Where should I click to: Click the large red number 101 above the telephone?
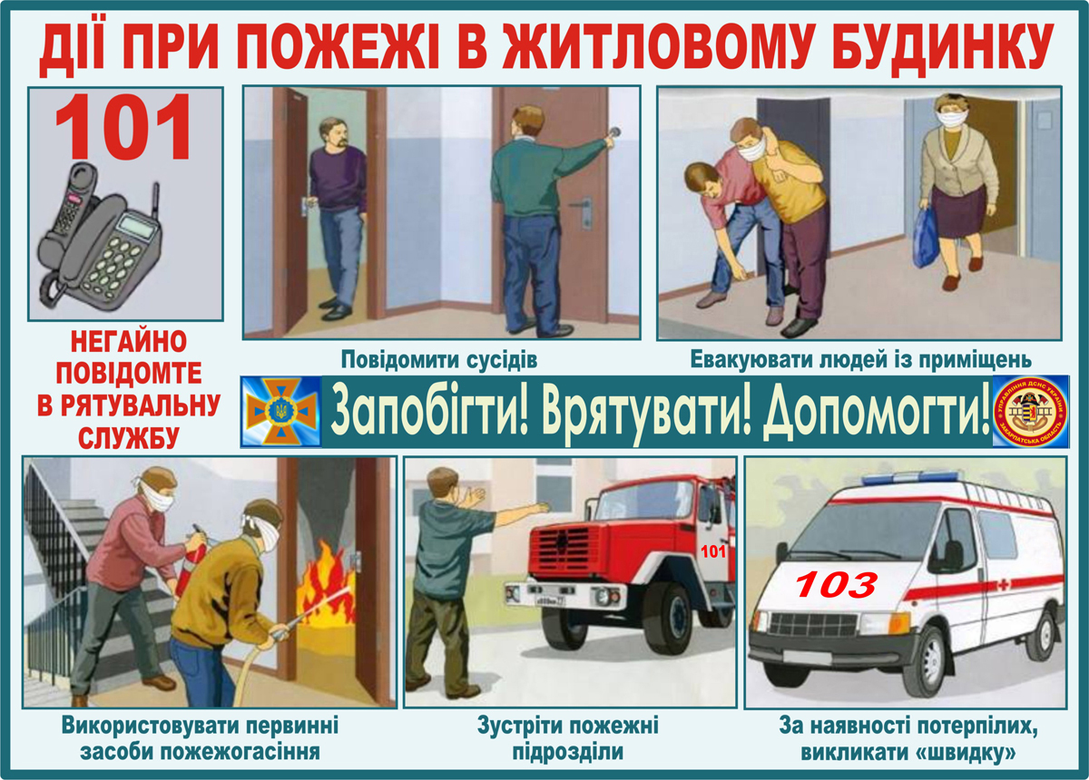[x=124, y=128]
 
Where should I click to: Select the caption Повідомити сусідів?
[x=440, y=359]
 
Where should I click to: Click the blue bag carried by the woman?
[x=926, y=238]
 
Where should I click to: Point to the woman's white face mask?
[x=947, y=120]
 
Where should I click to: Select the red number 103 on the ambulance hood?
[x=837, y=584]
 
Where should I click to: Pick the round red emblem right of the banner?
[x=1029, y=411]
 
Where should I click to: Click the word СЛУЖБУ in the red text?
[x=124, y=435]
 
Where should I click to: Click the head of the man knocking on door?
[x=525, y=122]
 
